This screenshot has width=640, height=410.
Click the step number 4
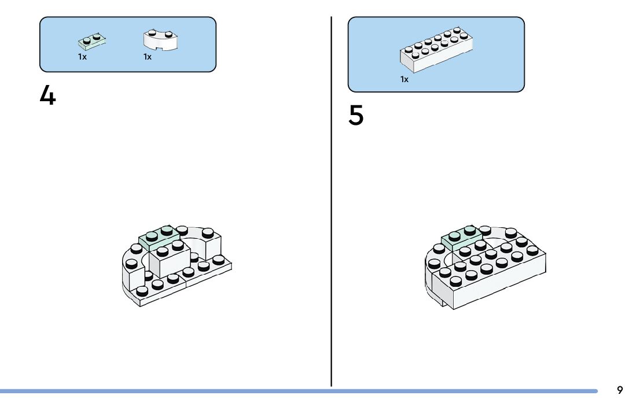tap(47, 96)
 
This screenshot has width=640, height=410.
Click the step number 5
tap(356, 116)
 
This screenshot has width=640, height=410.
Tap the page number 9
tap(620, 390)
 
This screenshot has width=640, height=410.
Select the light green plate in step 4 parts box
tap(93, 42)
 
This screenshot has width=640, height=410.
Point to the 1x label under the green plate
tap(82, 57)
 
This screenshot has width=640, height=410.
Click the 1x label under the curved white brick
tap(148, 57)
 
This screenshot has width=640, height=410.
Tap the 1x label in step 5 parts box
tap(404, 79)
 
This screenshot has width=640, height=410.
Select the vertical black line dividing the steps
tap(332, 202)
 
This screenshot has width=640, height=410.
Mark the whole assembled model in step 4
tap(176, 266)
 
